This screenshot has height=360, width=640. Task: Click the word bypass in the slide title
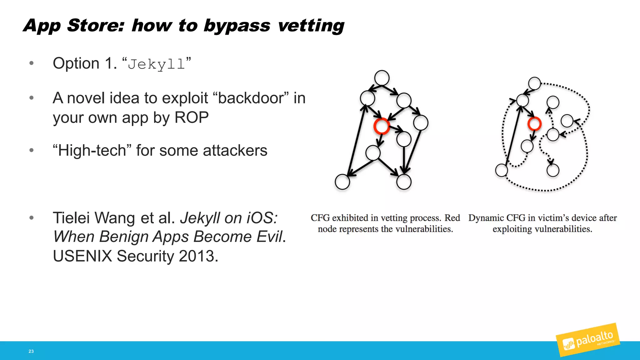tap(237, 26)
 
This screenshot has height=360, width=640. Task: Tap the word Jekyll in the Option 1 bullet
tap(156, 64)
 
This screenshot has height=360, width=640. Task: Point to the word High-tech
tap(92, 151)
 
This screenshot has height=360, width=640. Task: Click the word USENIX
tap(82, 256)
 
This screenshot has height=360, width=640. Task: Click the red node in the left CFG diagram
tap(382, 126)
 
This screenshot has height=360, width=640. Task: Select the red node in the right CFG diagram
tap(534, 123)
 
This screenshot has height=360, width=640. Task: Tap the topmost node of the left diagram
tap(382, 78)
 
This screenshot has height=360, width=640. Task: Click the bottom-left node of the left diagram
tap(342, 182)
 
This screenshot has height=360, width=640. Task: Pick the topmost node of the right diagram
tap(534, 83)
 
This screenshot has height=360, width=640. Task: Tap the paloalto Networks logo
tap(587, 340)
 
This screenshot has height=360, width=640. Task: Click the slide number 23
tap(31, 351)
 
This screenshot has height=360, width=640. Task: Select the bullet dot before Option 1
tap(31, 63)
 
